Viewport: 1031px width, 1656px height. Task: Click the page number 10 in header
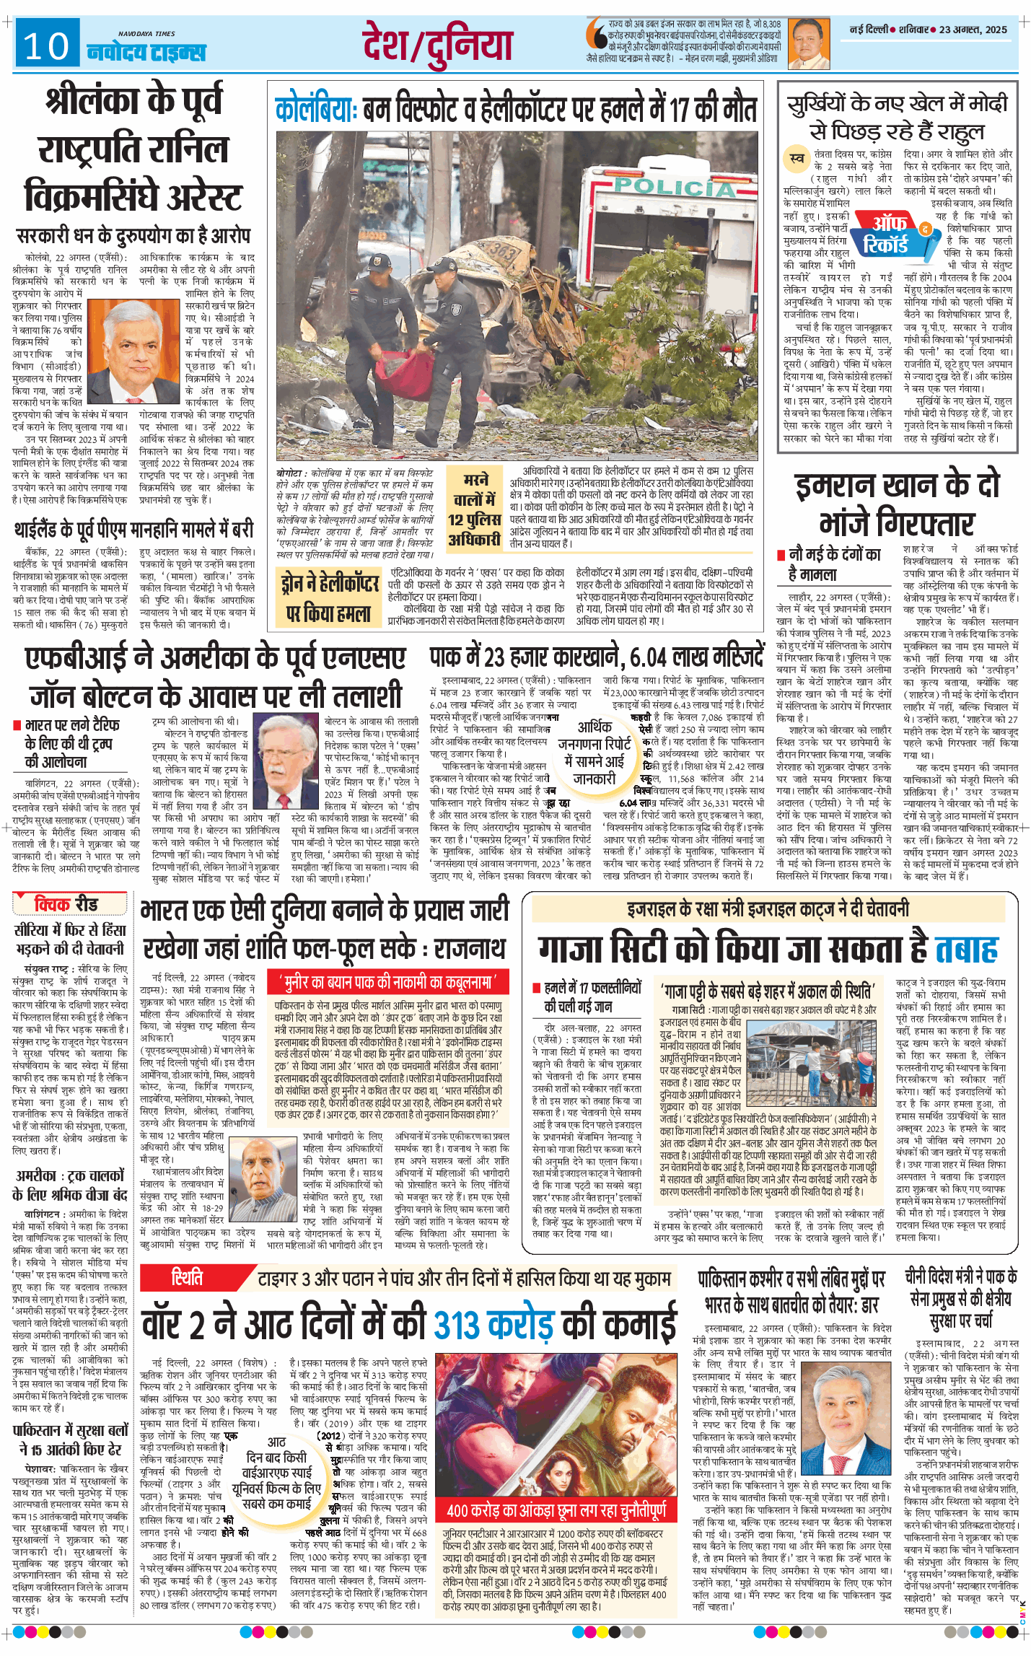coord(46,47)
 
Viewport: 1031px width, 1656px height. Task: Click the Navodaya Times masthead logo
coord(146,49)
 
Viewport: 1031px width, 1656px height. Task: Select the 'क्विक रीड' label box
coord(67,903)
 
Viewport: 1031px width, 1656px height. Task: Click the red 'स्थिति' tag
coord(187,1278)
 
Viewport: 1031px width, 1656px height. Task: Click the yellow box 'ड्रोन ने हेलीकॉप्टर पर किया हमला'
coord(330,595)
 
